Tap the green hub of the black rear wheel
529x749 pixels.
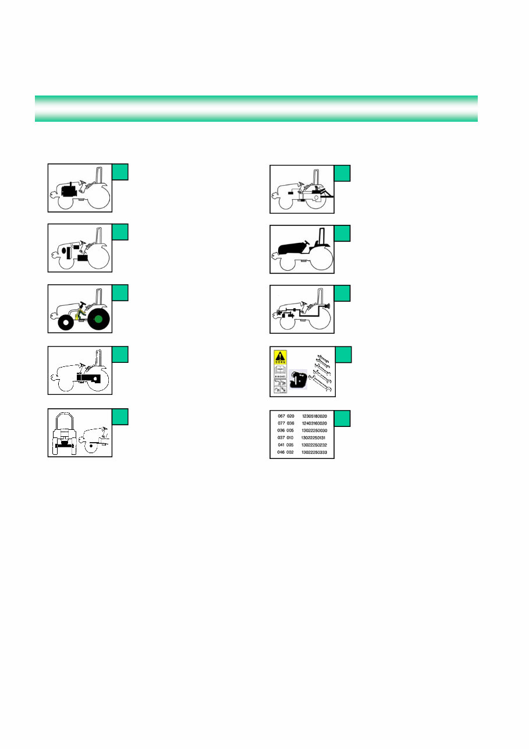click(x=98, y=319)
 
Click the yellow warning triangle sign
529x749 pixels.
click(x=281, y=356)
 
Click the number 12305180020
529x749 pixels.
click(x=315, y=417)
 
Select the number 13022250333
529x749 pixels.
click(x=315, y=451)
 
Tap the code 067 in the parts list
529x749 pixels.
click(x=282, y=417)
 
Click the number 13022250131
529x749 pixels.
click(x=315, y=437)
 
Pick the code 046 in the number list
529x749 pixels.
click(x=282, y=451)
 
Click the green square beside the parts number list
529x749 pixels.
click(x=342, y=419)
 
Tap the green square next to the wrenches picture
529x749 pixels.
click(x=342, y=355)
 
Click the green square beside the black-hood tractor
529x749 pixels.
click(x=342, y=233)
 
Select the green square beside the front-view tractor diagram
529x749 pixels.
click(x=120, y=416)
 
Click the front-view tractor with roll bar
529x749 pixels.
click(x=63, y=432)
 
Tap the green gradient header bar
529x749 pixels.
click(x=256, y=108)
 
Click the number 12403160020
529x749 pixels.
click(x=315, y=424)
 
